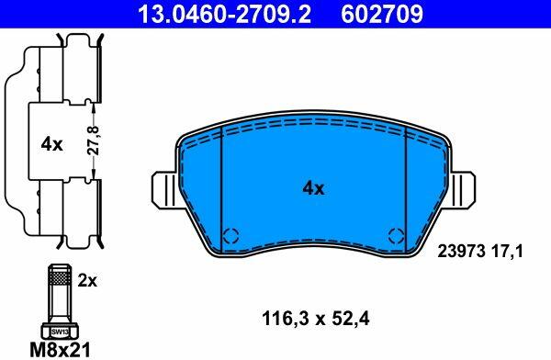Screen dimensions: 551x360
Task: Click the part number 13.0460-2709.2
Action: coord(224,15)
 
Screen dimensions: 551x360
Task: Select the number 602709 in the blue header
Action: coord(382,15)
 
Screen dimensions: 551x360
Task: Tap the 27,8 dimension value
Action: coord(94,141)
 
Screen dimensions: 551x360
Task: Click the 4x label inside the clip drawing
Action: coord(51,144)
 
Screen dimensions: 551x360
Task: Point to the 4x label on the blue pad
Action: coord(313,189)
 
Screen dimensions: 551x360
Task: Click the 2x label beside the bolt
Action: coord(87,281)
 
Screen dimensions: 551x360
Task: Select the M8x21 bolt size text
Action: coord(61,350)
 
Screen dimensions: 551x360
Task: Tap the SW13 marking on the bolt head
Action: coord(60,332)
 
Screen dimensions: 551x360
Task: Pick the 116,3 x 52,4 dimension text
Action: coord(316,320)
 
